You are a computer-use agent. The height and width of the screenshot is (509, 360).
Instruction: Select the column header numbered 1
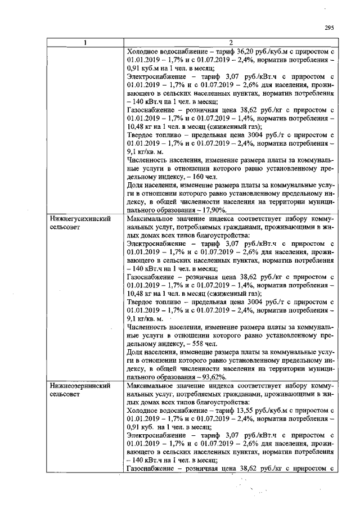(85, 43)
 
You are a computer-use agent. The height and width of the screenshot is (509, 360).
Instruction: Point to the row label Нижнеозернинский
(79, 386)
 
